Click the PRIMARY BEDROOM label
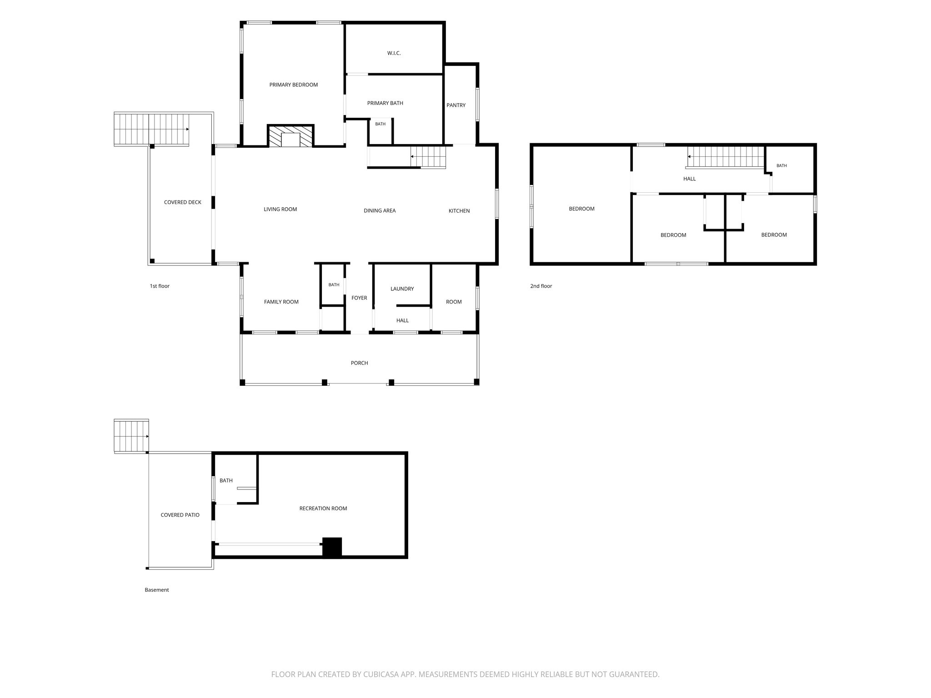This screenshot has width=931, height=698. (293, 85)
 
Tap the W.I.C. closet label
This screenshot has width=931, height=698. (394, 53)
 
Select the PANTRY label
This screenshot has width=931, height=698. (456, 105)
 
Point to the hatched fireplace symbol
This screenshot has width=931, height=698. (290, 136)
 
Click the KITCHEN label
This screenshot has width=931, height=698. (459, 211)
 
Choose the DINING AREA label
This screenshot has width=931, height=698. (380, 211)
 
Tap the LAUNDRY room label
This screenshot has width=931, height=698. (402, 289)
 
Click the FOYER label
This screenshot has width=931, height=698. (359, 298)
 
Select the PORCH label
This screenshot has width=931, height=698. (359, 363)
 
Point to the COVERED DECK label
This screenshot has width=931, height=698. (183, 203)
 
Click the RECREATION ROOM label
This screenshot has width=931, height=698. (323, 509)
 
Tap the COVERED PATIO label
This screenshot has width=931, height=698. (180, 515)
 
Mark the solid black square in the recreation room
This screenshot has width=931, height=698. (332, 547)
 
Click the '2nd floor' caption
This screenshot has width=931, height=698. (541, 286)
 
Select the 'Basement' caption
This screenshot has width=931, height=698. (157, 590)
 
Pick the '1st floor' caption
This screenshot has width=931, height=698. (160, 286)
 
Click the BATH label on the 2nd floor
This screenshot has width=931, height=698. (781, 166)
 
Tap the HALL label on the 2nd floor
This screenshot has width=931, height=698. (690, 179)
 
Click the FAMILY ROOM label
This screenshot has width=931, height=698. (281, 302)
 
